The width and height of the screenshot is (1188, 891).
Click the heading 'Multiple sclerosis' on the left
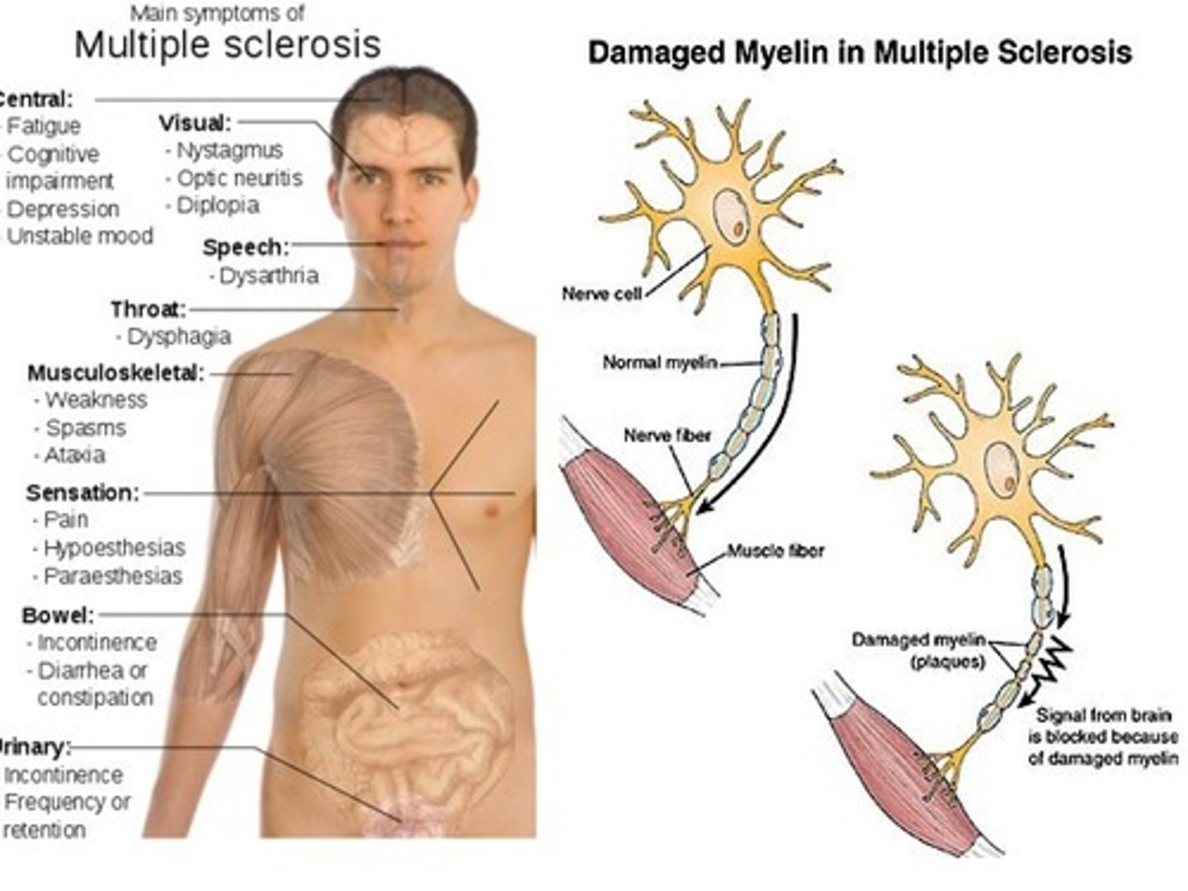pyautogui.click(x=228, y=45)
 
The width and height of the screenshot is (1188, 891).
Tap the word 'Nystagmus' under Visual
pyautogui.click(x=230, y=151)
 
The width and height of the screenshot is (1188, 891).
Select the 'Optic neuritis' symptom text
pyautogui.click(x=240, y=178)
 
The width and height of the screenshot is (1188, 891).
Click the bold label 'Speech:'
pyautogui.click(x=246, y=247)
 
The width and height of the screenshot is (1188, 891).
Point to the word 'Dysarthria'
pyautogui.click(x=269, y=276)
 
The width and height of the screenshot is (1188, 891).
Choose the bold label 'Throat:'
pyautogui.click(x=148, y=310)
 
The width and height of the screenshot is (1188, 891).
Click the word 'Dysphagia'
pyautogui.click(x=179, y=337)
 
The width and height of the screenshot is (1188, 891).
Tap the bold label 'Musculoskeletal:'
pyautogui.click(x=116, y=373)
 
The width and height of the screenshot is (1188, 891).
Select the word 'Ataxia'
pyautogui.click(x=75, y=455)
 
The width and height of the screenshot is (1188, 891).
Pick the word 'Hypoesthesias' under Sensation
pyautogui.click(x=115, y=549)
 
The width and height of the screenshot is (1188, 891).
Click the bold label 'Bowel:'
pyautogui.click(x=59, y=615)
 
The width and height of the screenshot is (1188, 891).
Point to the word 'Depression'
pyautogui.click(x=63, y=210)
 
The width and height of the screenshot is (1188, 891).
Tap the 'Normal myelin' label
pyautogui.click(x=660, y=362)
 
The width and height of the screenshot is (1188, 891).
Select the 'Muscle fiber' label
pyautogui.click(x=775, y=551)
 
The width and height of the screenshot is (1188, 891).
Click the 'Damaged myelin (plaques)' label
pyautogui.click(x=919, y=651)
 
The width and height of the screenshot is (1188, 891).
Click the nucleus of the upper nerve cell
pyautogui.click(x=731, y=214)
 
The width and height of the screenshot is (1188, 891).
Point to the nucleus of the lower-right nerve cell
pyautogui.click(x=1002, y=469)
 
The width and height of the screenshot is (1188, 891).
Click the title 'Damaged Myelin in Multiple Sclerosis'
pyautogui.click(x=860, y=53)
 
